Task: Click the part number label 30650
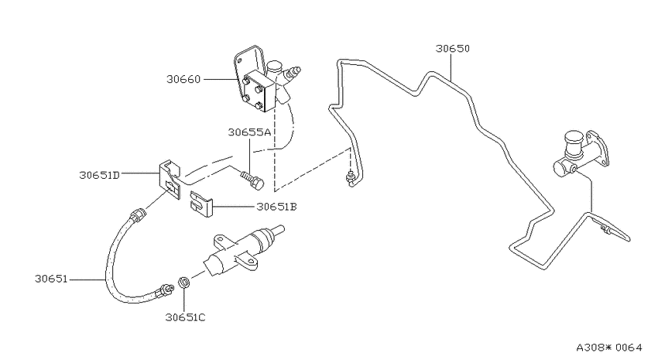pos(452,48)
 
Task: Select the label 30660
pos(183,79)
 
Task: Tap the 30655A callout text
pos(250,132)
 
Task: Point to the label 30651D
pos(99,174)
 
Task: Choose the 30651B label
pos(277,207)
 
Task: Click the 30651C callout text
pos(185,317)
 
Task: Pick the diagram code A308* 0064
pos(609,348)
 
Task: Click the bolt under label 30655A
pos(252,180)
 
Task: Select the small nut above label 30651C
pos(183,282)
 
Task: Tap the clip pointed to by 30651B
pos(201,204)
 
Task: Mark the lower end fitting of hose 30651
pos(165,290)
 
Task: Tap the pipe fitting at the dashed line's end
pos(349,178)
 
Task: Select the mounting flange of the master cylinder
pos(597,149)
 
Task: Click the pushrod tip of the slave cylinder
pos(278,230)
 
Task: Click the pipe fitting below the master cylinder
pos(605,229)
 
